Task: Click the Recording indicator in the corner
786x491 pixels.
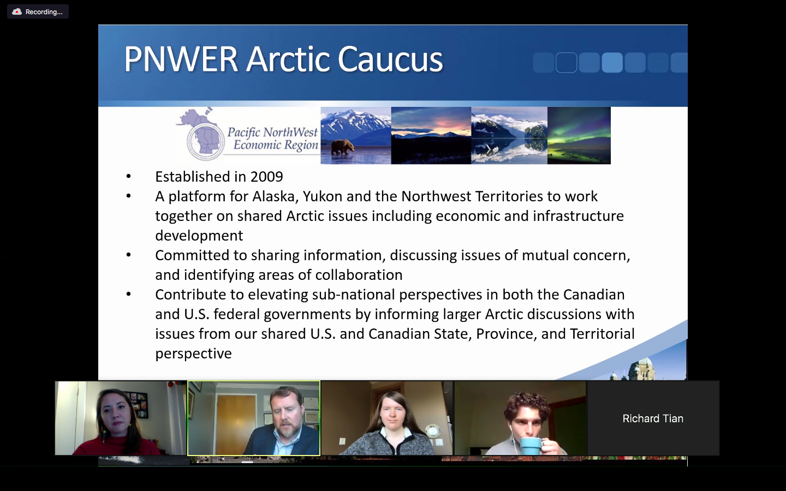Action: [x=38, y=11]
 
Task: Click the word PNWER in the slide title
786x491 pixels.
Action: [x=181, y=59]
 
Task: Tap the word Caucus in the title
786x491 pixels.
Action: [x=390, y=59]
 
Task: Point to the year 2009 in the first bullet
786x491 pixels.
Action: [x=267, y=177]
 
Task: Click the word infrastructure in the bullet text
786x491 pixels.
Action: [x=578, y=216]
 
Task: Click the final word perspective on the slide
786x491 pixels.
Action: [x=193, y=354]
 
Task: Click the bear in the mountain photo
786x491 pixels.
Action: [x=343, y=147]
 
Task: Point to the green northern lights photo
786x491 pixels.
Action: [x=579, y=135]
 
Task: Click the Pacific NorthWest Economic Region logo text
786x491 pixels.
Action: [x=273, y=139]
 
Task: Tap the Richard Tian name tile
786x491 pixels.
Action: [x=653, y=418]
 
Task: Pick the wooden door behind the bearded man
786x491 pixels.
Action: [x=236, y=424]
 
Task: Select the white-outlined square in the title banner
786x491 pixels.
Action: [x=567, y=62]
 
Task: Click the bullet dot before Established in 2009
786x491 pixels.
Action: [x=128, y=176]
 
